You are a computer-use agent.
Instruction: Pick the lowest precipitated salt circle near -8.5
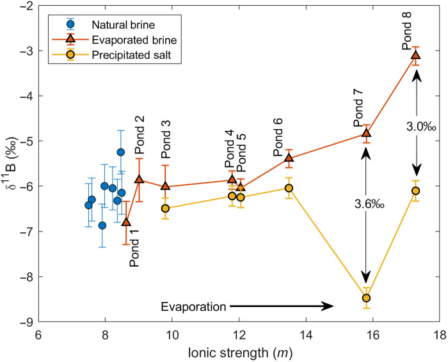tap(367, 298)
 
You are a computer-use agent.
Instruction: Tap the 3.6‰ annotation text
tap(367, 204)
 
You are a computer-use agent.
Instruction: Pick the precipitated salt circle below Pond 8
tap(415, 191)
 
